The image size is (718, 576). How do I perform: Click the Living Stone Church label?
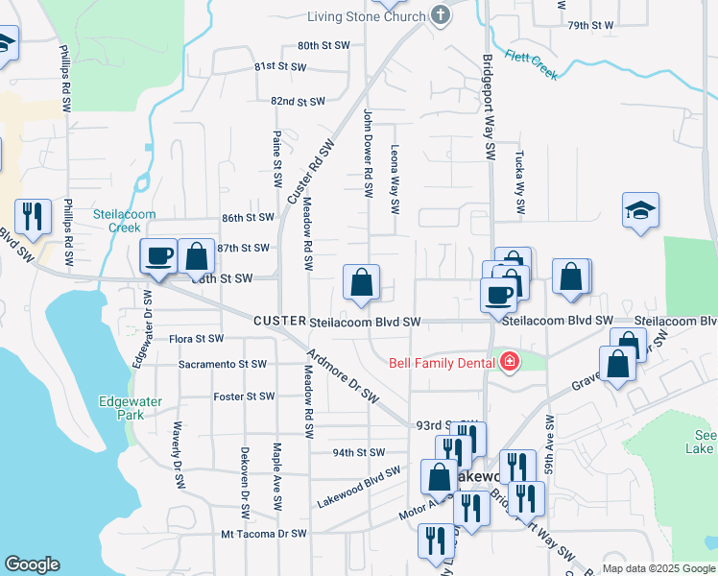tap(365, 16)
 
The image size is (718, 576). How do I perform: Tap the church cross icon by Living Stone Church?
tap(441, 14)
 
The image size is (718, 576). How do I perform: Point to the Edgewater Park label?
tap(121, 408)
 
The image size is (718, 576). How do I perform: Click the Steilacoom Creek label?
tap(117, 221)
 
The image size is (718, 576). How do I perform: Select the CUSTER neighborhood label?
tap(278, 322)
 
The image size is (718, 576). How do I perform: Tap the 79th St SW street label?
tap(590, 25)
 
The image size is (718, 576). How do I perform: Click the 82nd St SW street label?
tap(298, 101)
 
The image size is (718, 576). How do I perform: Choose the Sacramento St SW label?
tap(222, 365)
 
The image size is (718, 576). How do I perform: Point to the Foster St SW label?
tap(245, 396)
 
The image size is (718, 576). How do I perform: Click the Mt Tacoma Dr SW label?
tap(263, 533)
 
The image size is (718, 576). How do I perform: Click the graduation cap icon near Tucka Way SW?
tap(640, 209)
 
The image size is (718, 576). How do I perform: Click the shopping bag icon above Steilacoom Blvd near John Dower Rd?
tap(362, 282)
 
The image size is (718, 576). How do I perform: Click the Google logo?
tap(32, 564)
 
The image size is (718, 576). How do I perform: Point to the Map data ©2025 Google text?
tap(658, 568)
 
